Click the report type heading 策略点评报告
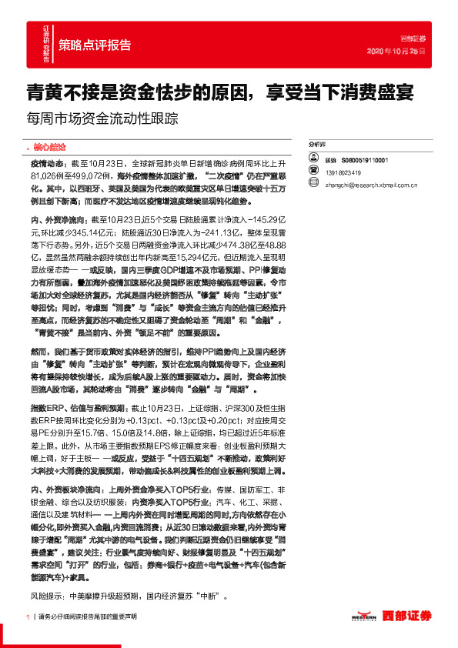(95, 44)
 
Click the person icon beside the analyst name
(313, 160)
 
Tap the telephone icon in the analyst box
(313, 172)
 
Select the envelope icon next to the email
(313, 184)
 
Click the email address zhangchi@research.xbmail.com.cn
(369, 185)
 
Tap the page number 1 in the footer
(28, 616)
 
